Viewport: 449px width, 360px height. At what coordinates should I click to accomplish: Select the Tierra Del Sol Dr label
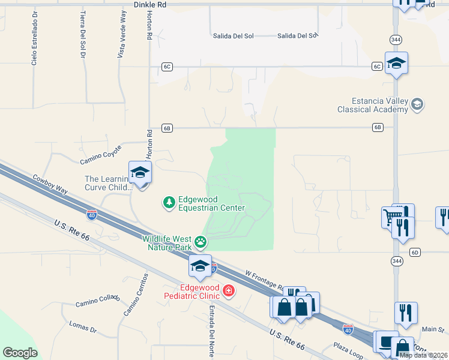click(82, 35)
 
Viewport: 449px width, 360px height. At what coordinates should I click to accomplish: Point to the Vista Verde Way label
click(123, 34)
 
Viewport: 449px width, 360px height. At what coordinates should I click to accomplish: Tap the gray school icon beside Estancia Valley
click(417, 105)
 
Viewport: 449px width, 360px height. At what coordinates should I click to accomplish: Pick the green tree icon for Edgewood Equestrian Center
click(169, 203)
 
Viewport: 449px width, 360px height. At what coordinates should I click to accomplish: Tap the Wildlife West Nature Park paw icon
click(200, 242)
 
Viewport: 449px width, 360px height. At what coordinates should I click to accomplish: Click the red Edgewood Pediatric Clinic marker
click(228, 292)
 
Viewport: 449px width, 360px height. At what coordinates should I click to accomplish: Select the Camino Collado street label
click(98, 301)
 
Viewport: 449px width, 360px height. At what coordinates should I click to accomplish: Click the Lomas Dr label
click(83, 327)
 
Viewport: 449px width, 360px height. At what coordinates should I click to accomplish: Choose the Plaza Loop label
click(349, 351)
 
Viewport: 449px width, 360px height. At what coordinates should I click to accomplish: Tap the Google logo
click(20, 353)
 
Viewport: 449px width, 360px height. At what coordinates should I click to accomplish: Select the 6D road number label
click(415, 253)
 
